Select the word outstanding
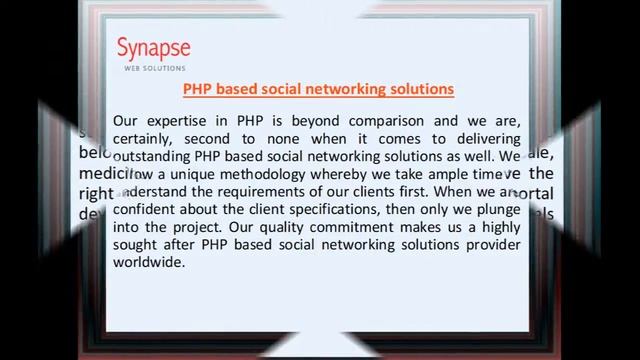click(x=159, y=157)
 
